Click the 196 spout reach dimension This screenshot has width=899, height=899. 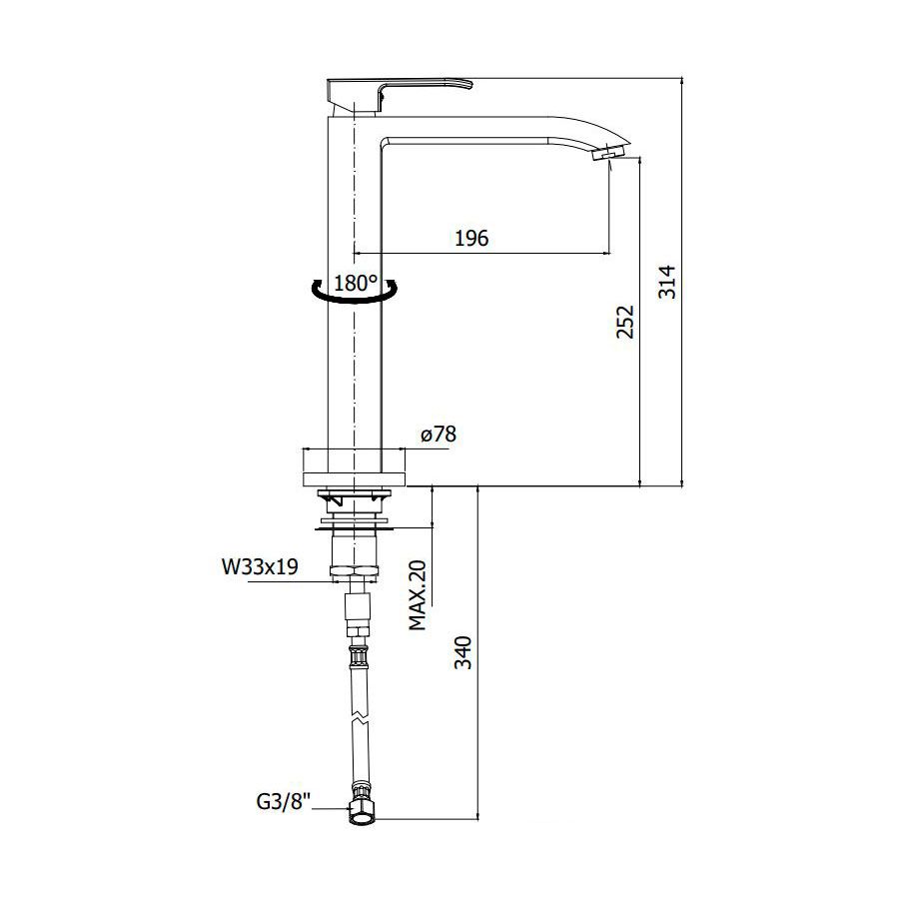point(471,238)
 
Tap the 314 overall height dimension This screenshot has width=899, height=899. point(667,282)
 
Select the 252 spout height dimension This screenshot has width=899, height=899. point(625,322)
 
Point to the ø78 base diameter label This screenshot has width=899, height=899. point(439,435)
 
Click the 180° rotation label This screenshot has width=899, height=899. point(356,283)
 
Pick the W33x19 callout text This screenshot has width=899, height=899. point(260,566)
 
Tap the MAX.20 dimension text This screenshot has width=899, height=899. point(418,595)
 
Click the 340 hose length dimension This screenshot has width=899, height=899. point(462,652)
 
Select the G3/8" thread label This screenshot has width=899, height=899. point(284,801)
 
